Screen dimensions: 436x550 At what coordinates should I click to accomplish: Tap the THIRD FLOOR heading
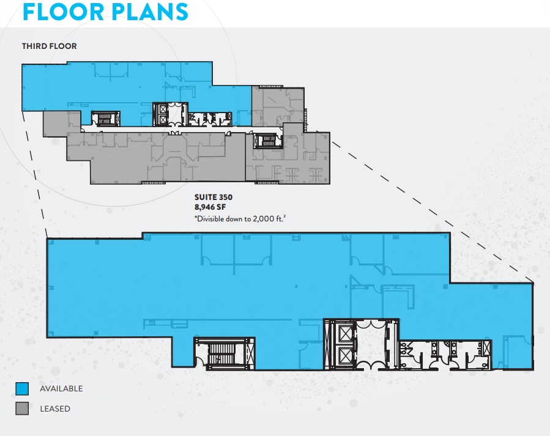pyautogui.click(x=50, y=46)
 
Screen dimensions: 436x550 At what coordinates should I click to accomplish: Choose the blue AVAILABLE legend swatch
pyautogui.click(x=23, y=389)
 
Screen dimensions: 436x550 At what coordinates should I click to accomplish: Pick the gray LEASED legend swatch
pyautogui.click(x=23, y=408)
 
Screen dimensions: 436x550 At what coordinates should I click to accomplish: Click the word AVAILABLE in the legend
pyautogui.click(x=61, y=389)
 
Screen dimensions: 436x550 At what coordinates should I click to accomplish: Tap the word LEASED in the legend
pyautogui.click(x=55, y=408)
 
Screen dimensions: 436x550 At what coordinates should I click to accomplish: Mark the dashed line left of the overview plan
pyautogui.click(x=35, y=171)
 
